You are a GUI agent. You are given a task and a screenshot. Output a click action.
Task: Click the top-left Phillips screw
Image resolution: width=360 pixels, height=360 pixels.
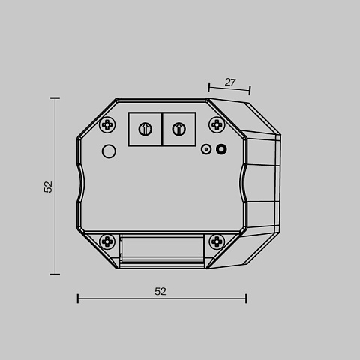click(x=107, y=124)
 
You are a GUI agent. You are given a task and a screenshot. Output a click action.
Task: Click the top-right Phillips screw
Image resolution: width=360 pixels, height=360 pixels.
click(x=217, y=124)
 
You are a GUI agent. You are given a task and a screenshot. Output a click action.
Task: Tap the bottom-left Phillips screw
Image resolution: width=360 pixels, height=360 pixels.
click(x=107, y=241)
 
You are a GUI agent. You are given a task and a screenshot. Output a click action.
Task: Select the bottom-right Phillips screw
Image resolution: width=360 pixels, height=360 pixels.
click(x=217, y=241)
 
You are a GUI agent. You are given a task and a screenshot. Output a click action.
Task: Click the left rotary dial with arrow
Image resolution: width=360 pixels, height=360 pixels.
click(x=145, y=129)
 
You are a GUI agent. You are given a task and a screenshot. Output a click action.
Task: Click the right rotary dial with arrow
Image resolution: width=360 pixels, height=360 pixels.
click(x=179, y=129)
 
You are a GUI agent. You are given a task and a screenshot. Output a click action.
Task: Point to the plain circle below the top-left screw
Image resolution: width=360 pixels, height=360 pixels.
click(x=109, y=151)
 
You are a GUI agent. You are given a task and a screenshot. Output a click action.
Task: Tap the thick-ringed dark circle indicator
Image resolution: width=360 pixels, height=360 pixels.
click(x=221, y=149)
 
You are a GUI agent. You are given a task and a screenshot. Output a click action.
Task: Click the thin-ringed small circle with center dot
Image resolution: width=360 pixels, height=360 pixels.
click(x=206, y=149)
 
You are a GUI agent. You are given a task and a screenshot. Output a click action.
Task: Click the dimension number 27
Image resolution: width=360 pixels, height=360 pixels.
click(x=230, y=82)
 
